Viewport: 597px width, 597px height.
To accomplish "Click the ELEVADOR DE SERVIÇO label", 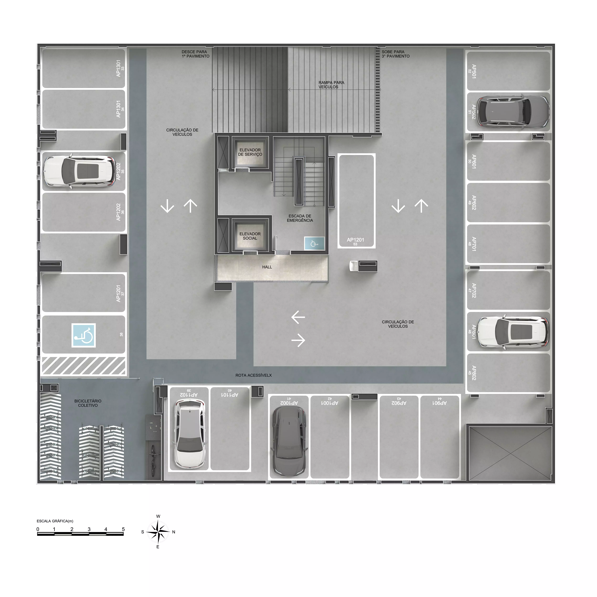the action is (250, 152).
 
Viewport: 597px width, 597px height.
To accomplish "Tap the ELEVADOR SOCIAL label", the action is (250, 236).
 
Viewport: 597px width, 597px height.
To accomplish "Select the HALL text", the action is (267, 267).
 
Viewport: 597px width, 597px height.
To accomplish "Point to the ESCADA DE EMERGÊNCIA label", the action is (300, 218).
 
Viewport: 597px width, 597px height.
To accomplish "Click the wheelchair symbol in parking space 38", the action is (83, 335).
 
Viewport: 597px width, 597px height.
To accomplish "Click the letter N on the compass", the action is (174, 532).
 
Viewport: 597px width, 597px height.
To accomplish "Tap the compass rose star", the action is (158, 532).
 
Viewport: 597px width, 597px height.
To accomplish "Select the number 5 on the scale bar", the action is (123, 529).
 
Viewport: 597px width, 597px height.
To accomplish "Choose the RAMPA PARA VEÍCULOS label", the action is (331, 85).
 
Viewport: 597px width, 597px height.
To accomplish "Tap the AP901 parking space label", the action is (439, 403).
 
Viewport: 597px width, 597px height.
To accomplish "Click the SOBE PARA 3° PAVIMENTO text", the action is (396, 54).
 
